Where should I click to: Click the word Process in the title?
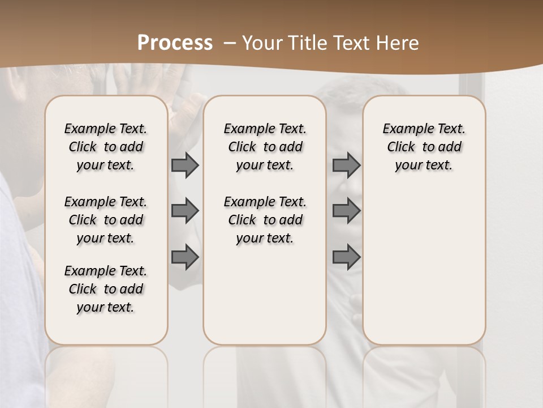pyautogui.click(x=175, y=43)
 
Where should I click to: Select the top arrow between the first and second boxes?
pyautogui.click(x=184, y=165)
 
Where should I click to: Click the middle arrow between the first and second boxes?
pyautogui.click(x=184, y=211)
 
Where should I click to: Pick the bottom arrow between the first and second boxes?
pyautogui.click(x=184, y=257)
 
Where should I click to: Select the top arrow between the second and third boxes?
pyautogui.click(x=346, y=165)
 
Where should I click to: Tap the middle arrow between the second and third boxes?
pyautogui.click(x=346, y=211)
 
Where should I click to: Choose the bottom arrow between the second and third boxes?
pyautogui.click(x=346, y=257)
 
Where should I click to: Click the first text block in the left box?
pyautogui.click(x=106, y=147)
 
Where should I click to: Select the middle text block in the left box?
pyautogui.click(x=106, y=220)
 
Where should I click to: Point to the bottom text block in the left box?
pyautogui.click(x=106, y=289)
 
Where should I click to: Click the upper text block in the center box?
pyautogui.click(x=265, y=147)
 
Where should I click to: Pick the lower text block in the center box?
pyautogui.click(x=265, y=220)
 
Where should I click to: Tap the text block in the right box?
pyautogui.click(x=424, y=147)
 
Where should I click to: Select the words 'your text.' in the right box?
pyautogui.click(x=424, y=165)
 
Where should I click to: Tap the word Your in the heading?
pyautogui.click(x=259, y=43)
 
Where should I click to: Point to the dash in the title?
pyautogui.click(x=230, y=43)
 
